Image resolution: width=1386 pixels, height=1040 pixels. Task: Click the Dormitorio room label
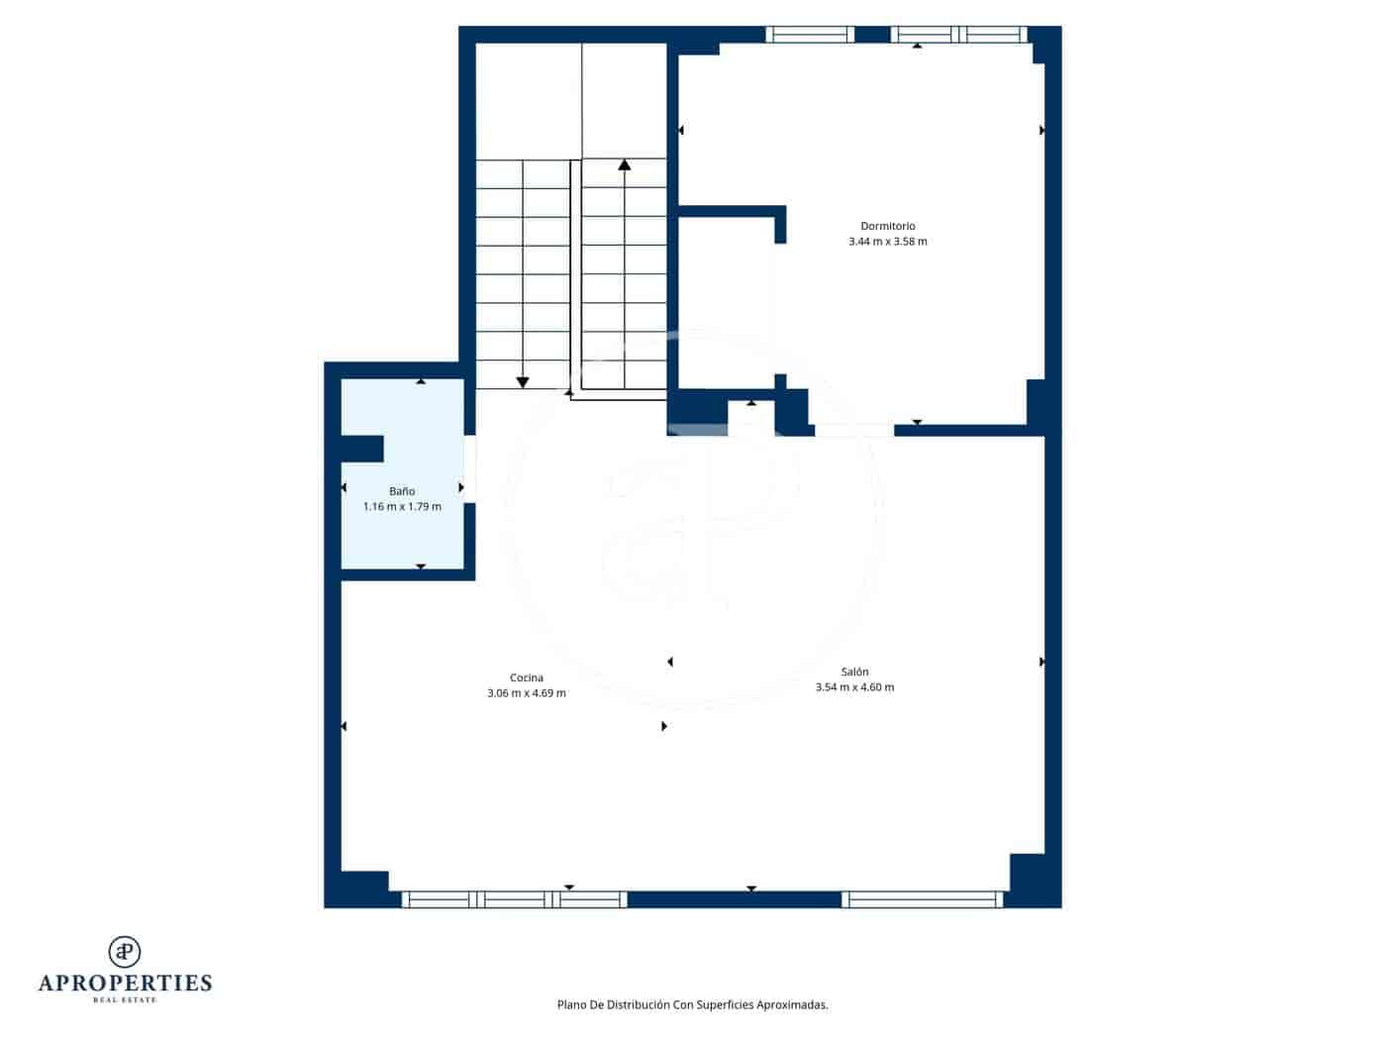click(x=887, y=226)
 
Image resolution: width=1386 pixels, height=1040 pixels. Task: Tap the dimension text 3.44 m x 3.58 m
click(x=887, y=242)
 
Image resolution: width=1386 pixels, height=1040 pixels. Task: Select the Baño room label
click(x=401, y=491)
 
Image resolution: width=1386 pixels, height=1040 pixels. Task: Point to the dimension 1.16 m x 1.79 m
click(x=401, y=507)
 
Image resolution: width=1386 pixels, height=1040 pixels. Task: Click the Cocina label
click(x=526, y=678)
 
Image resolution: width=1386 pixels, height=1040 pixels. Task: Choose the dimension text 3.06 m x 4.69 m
click(x=526, y=693)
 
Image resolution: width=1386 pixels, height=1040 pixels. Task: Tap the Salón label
click(x=854, y=673)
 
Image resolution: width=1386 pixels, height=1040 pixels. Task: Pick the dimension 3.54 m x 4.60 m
click(x=854, y=687)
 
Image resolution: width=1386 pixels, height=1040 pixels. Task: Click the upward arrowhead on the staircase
click(x=624, y=164)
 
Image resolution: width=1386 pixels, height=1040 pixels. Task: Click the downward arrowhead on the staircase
click(x=523, y=382)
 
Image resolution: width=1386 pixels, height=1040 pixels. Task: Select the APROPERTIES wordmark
click(x=125, y=984)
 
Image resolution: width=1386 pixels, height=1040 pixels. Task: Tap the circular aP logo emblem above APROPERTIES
click(x=125, y=951)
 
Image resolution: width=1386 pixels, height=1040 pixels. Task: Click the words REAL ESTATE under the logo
click(x=125, y=1000)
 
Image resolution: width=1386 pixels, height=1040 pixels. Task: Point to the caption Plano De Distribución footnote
click(x=692, y=1004)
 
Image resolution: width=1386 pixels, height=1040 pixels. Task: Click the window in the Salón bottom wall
click(x=922, y=899)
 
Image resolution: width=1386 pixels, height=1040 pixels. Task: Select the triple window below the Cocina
click(x=514, y=899)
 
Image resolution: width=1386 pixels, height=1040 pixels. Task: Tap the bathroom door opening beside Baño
click(x=470, y=468)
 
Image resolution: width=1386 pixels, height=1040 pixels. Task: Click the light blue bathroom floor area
click(x=416, y=535)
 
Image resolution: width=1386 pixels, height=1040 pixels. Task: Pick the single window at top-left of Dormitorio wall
click(x=810, y=35)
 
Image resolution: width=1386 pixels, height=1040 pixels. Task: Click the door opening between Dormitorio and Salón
click(x=853, y=430)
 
